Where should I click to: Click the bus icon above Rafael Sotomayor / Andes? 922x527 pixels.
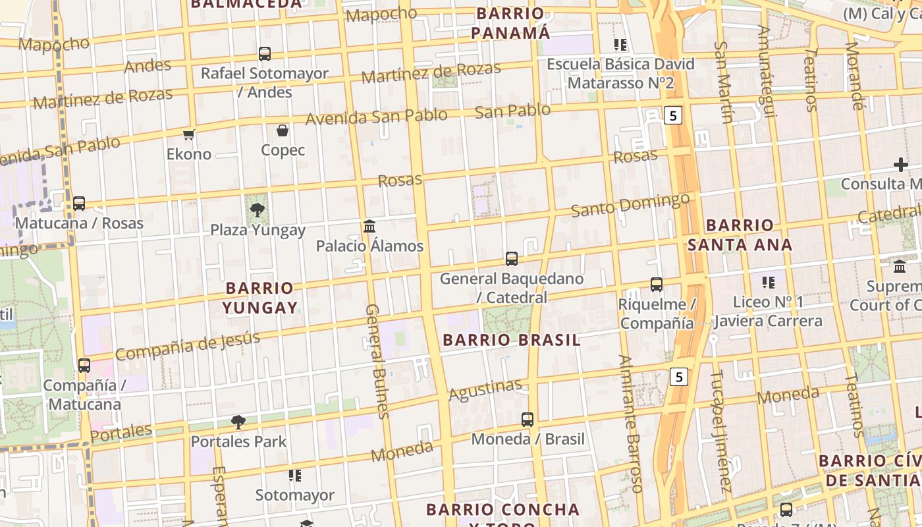(265, 54)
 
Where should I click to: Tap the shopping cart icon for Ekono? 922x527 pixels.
(189, 135)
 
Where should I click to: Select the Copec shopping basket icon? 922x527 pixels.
(283, 131)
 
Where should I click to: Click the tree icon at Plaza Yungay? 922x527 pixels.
(258, 211)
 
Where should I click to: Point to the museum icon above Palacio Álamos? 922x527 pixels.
(369, 227)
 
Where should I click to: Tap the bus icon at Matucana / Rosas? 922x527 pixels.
(79, 204)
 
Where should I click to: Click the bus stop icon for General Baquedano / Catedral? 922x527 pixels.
(512, 259)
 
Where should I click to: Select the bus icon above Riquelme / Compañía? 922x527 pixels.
(657, 285)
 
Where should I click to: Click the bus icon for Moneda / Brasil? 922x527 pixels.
(528, 420)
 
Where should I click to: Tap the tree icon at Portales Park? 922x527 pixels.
(238, 422)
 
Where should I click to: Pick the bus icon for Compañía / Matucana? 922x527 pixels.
(84, 366)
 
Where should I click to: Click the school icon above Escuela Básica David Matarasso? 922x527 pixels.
(620, 45)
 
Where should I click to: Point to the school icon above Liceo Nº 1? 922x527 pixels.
(768, 283)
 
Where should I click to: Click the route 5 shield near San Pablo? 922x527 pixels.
(672, 116)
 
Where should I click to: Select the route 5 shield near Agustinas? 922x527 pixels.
(679, 377)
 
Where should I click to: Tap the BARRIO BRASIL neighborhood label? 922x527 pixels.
(512, 340)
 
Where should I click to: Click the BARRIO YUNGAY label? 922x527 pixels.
(259, 298)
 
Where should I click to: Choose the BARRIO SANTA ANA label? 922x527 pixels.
(740, 235)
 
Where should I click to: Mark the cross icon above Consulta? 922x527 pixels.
(900, 165)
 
